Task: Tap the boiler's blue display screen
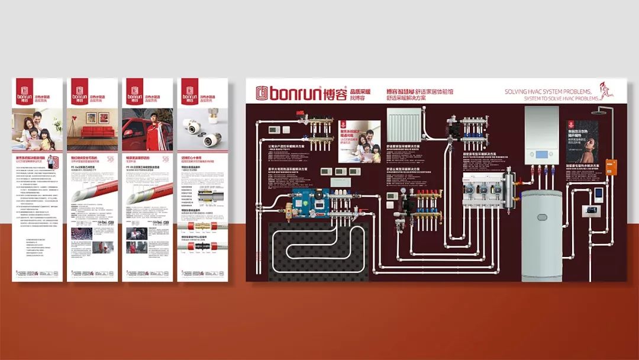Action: pyautogui.click(x=541, y=155)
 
